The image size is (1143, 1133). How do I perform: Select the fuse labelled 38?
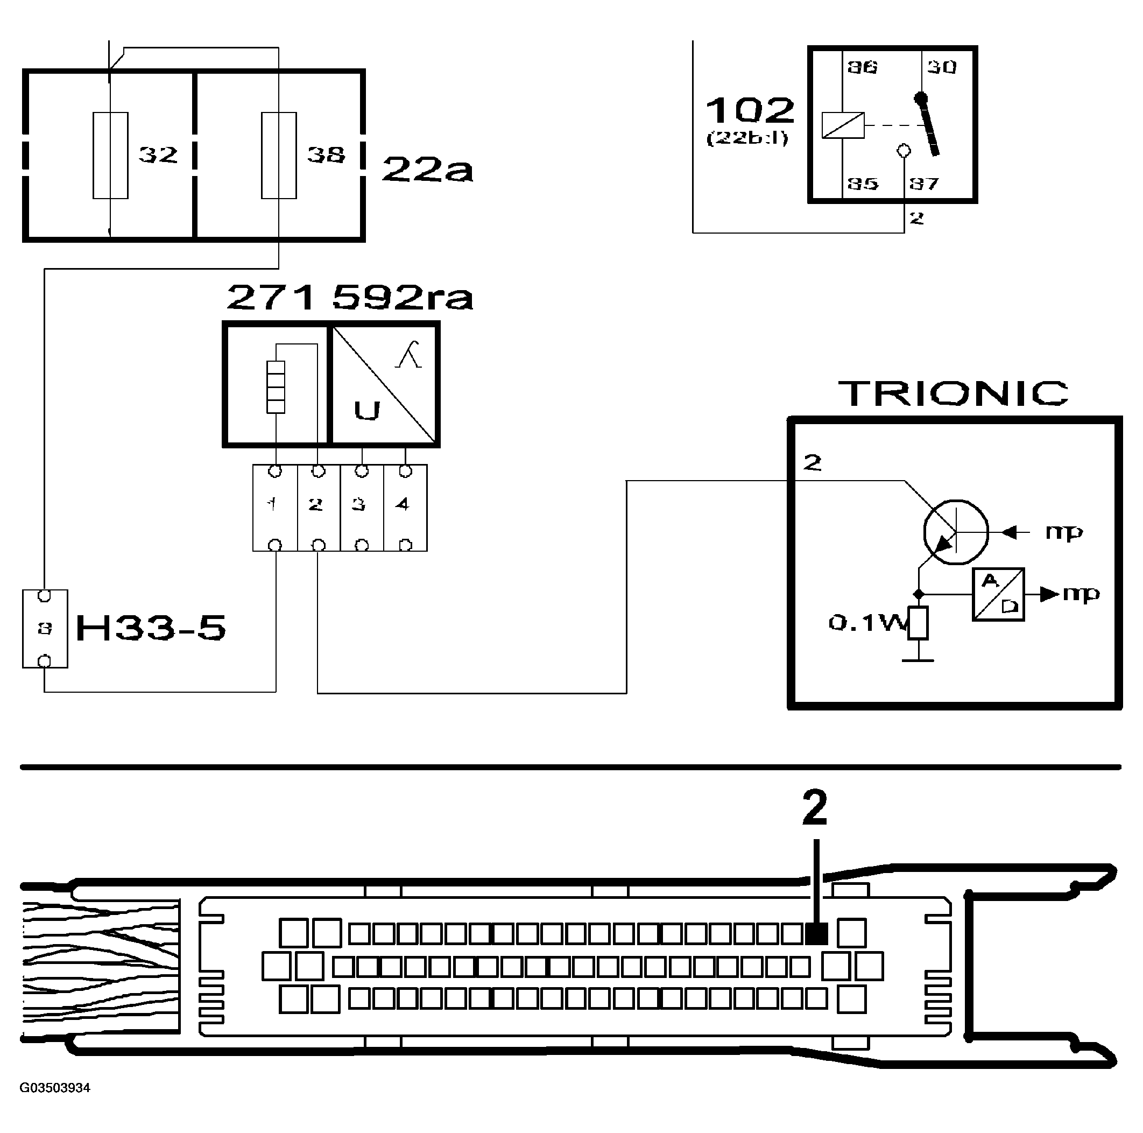click(279, 155)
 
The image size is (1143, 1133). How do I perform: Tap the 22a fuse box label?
click(427, 169)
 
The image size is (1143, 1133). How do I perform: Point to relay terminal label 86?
click(862, 67)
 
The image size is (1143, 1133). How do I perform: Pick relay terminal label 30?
click(941, 67)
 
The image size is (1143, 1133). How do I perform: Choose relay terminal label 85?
click(862, 184)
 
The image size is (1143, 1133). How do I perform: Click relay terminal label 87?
click(924, 184)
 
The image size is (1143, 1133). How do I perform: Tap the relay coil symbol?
click(843, 125)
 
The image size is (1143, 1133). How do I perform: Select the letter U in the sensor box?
click(367, 410)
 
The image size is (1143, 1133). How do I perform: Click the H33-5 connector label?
click(151, 628)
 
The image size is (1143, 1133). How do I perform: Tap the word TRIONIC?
click(954, 393)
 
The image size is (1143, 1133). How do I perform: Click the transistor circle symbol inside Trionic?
click(955, 532)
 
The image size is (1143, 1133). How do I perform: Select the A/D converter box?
click(998, 595)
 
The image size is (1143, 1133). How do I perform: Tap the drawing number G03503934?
click(55, 1088)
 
